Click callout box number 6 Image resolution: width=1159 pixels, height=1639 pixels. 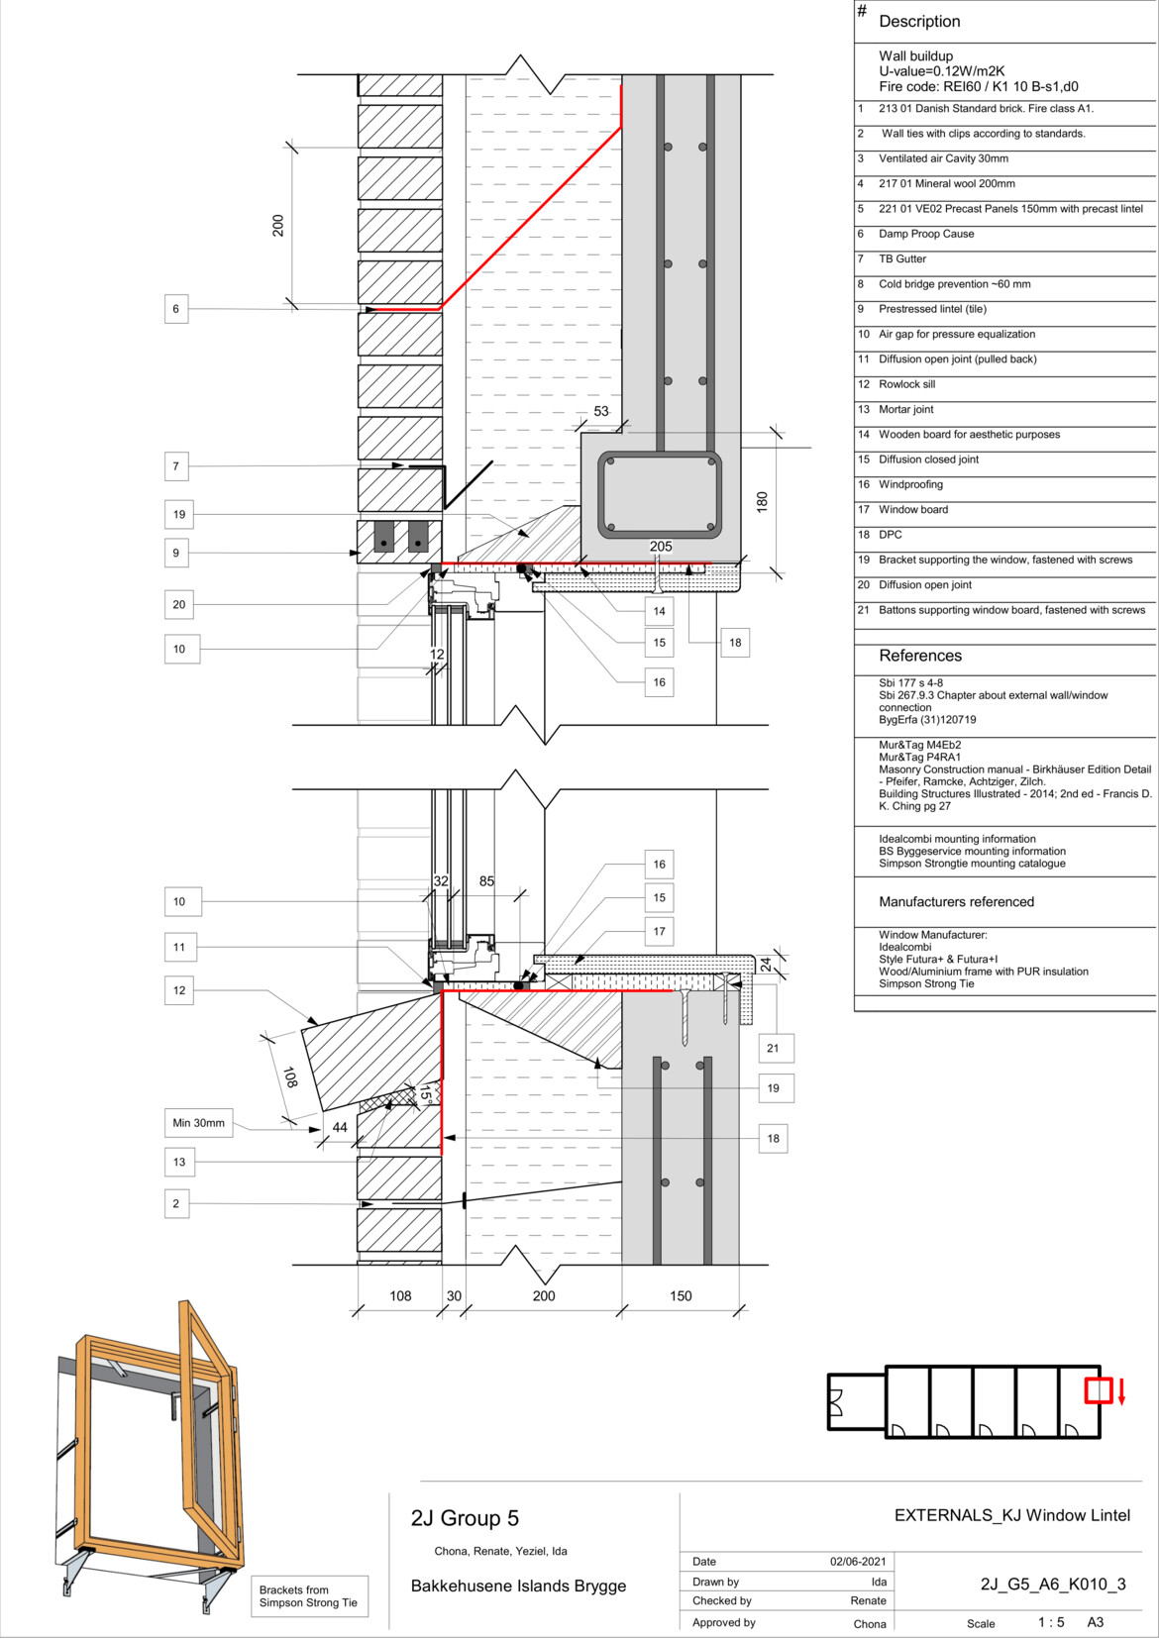tap(175, 309)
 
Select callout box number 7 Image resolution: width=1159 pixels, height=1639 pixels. tap(175, 466)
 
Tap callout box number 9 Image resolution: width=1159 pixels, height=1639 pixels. tap(175, 554)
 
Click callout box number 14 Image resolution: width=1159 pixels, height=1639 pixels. tap(660, 611)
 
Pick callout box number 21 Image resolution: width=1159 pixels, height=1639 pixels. tap(774, 1048)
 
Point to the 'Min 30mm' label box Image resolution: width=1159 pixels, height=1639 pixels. tap(198, 1122)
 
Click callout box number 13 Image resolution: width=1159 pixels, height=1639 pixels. tap(179, 1162)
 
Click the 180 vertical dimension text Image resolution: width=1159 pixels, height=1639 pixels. tap(762, 502)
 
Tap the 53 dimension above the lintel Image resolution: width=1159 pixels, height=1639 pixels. tap(601, 411)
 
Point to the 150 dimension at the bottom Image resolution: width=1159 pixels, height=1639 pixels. tap(681, 1295)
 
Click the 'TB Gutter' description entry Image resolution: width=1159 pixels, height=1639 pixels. tap(902, 259)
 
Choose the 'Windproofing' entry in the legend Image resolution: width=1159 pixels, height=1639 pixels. tap(911, 484)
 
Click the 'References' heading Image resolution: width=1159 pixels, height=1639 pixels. tap(920, 656)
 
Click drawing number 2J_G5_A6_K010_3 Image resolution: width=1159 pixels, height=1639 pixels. tap(1053, 1585)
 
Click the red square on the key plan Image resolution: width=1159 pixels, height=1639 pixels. tap(1098, 1390)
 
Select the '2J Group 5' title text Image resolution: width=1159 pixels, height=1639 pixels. tap(465, 1518)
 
